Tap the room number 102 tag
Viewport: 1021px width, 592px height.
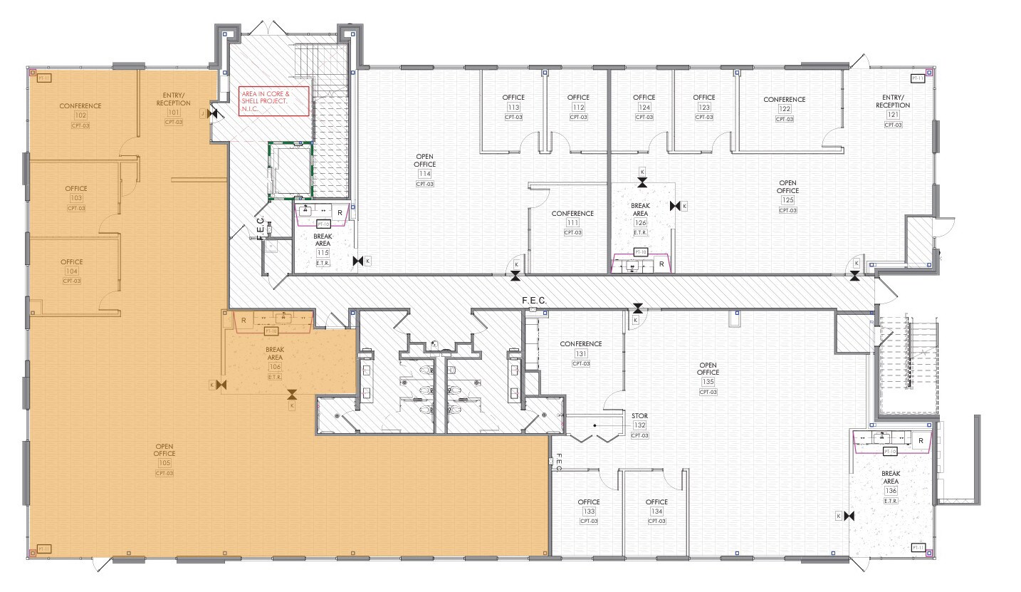[x=80, y=115]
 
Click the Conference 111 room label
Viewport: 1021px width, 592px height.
[x=572, y=214]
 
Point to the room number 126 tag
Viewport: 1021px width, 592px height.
[x=640, y=223]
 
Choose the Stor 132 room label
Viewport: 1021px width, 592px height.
[x=639, y=415]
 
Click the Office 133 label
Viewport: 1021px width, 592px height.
[x=589, y=502]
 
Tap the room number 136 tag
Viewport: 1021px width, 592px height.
[x=891, y=491]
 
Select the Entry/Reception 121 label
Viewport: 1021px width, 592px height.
[x=892, y=101]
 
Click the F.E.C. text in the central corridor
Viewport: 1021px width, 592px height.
[x=534, y=301]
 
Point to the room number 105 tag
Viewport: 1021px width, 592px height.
[x=164, y=463]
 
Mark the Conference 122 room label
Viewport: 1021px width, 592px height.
[x=784, y=100]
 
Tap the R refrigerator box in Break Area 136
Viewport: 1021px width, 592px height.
[x=921, y=441]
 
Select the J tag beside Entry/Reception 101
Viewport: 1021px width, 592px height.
[x=203, y=113]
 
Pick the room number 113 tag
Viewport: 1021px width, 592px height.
[x=513, y=108]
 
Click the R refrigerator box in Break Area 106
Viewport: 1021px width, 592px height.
[x=244, y=321]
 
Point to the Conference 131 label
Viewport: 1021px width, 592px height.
[x=580, y=344]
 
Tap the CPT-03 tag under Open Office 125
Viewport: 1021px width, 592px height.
[x=787, y=210]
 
